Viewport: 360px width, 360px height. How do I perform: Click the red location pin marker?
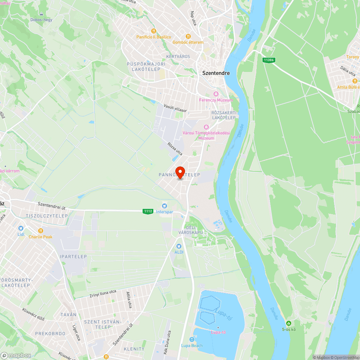180,172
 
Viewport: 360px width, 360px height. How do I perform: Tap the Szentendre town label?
216,73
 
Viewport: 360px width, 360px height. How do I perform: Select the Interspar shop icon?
165,206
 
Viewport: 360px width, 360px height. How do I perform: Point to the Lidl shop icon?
21,228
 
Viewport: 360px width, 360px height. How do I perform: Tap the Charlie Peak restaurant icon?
41,231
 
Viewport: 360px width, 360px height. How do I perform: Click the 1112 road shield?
148,211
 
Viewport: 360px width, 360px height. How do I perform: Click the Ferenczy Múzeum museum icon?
216,94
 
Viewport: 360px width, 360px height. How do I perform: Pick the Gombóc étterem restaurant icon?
188,36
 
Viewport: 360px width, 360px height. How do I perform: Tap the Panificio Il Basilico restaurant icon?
154,31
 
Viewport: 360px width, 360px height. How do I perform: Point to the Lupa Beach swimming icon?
192,339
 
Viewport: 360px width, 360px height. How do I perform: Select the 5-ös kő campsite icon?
288,323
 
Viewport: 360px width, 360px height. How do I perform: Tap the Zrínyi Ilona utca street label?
103,293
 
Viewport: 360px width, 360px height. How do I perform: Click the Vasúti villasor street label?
175,108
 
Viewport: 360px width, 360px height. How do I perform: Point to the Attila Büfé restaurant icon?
355,81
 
